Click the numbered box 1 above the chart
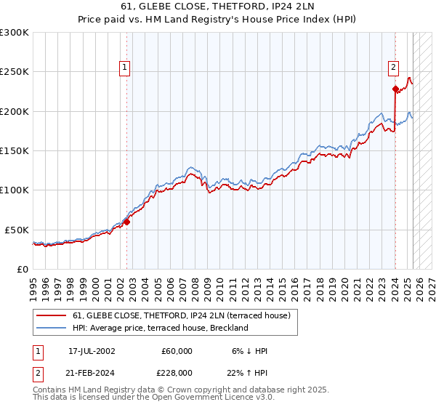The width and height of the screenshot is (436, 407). click(125, 68)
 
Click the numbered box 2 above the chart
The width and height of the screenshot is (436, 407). click(393, 68)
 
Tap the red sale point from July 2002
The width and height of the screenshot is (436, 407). click(126, 222)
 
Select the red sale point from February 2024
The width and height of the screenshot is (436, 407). click(395, 89)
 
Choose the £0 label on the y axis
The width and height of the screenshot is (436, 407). click(21, 269)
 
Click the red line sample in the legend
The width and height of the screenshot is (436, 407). click(51, 315)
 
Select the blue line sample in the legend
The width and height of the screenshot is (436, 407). click(51, 328)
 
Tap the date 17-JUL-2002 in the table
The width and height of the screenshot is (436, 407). click(92, 351)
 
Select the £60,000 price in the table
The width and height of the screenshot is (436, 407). click(177, 351)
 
